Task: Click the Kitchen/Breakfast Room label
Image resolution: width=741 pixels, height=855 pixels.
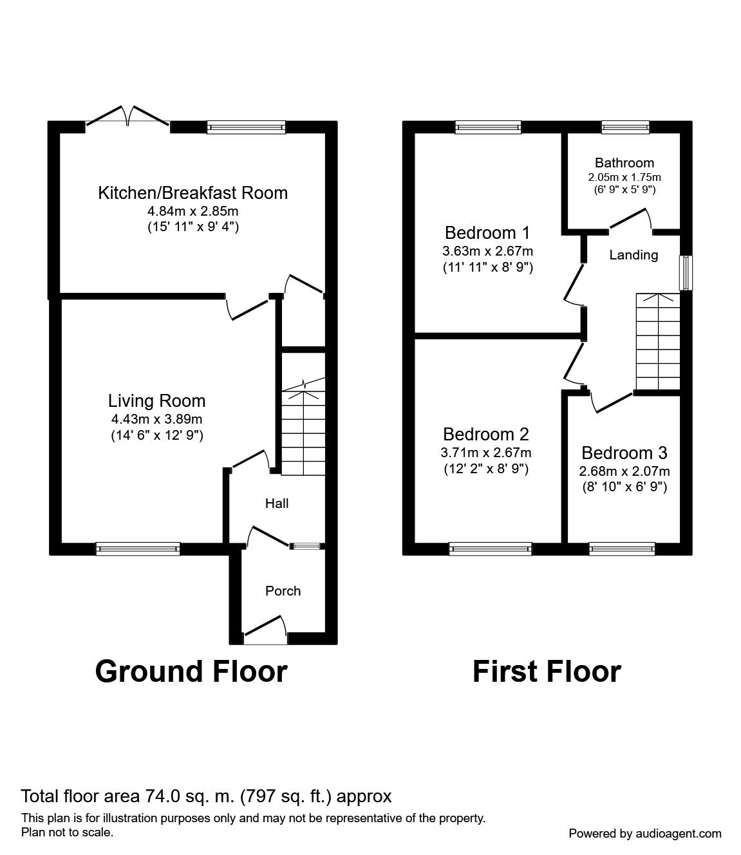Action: click(x=192, y=193)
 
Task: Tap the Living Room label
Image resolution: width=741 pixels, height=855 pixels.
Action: click(x=156, y=401)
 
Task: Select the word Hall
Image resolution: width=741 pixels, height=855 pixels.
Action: click(x=277, y=503)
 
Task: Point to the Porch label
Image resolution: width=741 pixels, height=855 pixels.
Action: click(x=283, y=591)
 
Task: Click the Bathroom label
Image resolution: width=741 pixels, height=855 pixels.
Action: click(x=624, y=163)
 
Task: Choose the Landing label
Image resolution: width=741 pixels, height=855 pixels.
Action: click(x=633, y=255)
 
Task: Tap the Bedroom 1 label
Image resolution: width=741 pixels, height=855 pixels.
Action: click(x=487, y=232)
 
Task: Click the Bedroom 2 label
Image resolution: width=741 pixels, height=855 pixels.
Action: click(x=486, y=434)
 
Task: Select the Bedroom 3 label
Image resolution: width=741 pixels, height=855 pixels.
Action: click(x=624, y=453)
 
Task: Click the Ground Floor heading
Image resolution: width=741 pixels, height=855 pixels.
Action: click(x=191, y=672)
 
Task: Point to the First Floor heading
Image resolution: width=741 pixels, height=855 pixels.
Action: click(x=547, y=672)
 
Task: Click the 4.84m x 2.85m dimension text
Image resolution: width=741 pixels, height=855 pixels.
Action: click(x=192, y=211)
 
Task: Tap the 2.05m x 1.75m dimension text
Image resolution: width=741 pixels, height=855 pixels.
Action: click(x=624, y=177)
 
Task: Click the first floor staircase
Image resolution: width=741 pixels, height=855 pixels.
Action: click(x=657, y=341)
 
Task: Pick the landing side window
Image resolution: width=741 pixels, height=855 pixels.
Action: click(x=687, y=272)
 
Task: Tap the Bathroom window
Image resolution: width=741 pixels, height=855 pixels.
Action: click(x=624, y=127)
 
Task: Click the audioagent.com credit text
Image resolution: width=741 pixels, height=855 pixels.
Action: click(x=645, y=833)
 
